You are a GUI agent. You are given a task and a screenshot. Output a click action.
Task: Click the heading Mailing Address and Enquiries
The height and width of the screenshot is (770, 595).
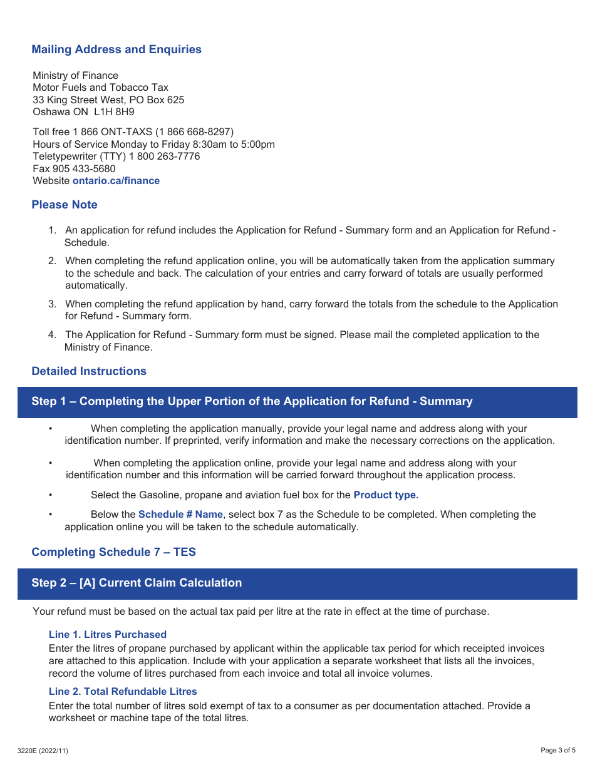coord(116,49)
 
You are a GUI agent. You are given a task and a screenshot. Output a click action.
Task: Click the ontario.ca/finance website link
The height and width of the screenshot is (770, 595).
coord(116,181)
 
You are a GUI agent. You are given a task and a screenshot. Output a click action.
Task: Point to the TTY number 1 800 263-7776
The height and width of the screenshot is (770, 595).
coord(164,156)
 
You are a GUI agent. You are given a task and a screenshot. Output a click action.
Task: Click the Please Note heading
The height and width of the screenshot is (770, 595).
coord(65,205)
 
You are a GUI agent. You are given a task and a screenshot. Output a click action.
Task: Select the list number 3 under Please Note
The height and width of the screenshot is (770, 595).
coord(53,304)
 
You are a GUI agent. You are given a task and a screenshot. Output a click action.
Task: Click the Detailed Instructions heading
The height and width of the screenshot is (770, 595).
coord(89,371)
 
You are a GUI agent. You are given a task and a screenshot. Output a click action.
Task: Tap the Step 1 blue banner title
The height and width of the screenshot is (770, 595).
coord(252,401)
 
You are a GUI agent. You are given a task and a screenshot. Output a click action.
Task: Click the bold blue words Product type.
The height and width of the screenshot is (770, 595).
coord(386,495)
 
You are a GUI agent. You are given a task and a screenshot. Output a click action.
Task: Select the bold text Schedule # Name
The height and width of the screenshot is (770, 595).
coord(180,515)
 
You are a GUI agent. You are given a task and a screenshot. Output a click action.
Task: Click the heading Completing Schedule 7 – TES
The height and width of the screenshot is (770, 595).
coord(113,552)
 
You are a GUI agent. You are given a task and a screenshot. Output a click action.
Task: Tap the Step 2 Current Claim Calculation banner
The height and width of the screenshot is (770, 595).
coord(137,583)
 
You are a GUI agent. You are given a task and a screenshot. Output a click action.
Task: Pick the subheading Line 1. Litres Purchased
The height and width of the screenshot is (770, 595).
coord(108,635)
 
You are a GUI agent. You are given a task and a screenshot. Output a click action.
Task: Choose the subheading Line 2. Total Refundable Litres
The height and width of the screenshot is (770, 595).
coord(123,692)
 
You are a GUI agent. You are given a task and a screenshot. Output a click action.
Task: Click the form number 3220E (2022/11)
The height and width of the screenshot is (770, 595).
coord(43,751)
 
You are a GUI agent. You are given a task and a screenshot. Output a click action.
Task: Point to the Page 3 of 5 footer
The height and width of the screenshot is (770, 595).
coord(557,751)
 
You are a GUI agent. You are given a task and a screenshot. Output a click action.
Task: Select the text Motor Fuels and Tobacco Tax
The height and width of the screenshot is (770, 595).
coord(100,88)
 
